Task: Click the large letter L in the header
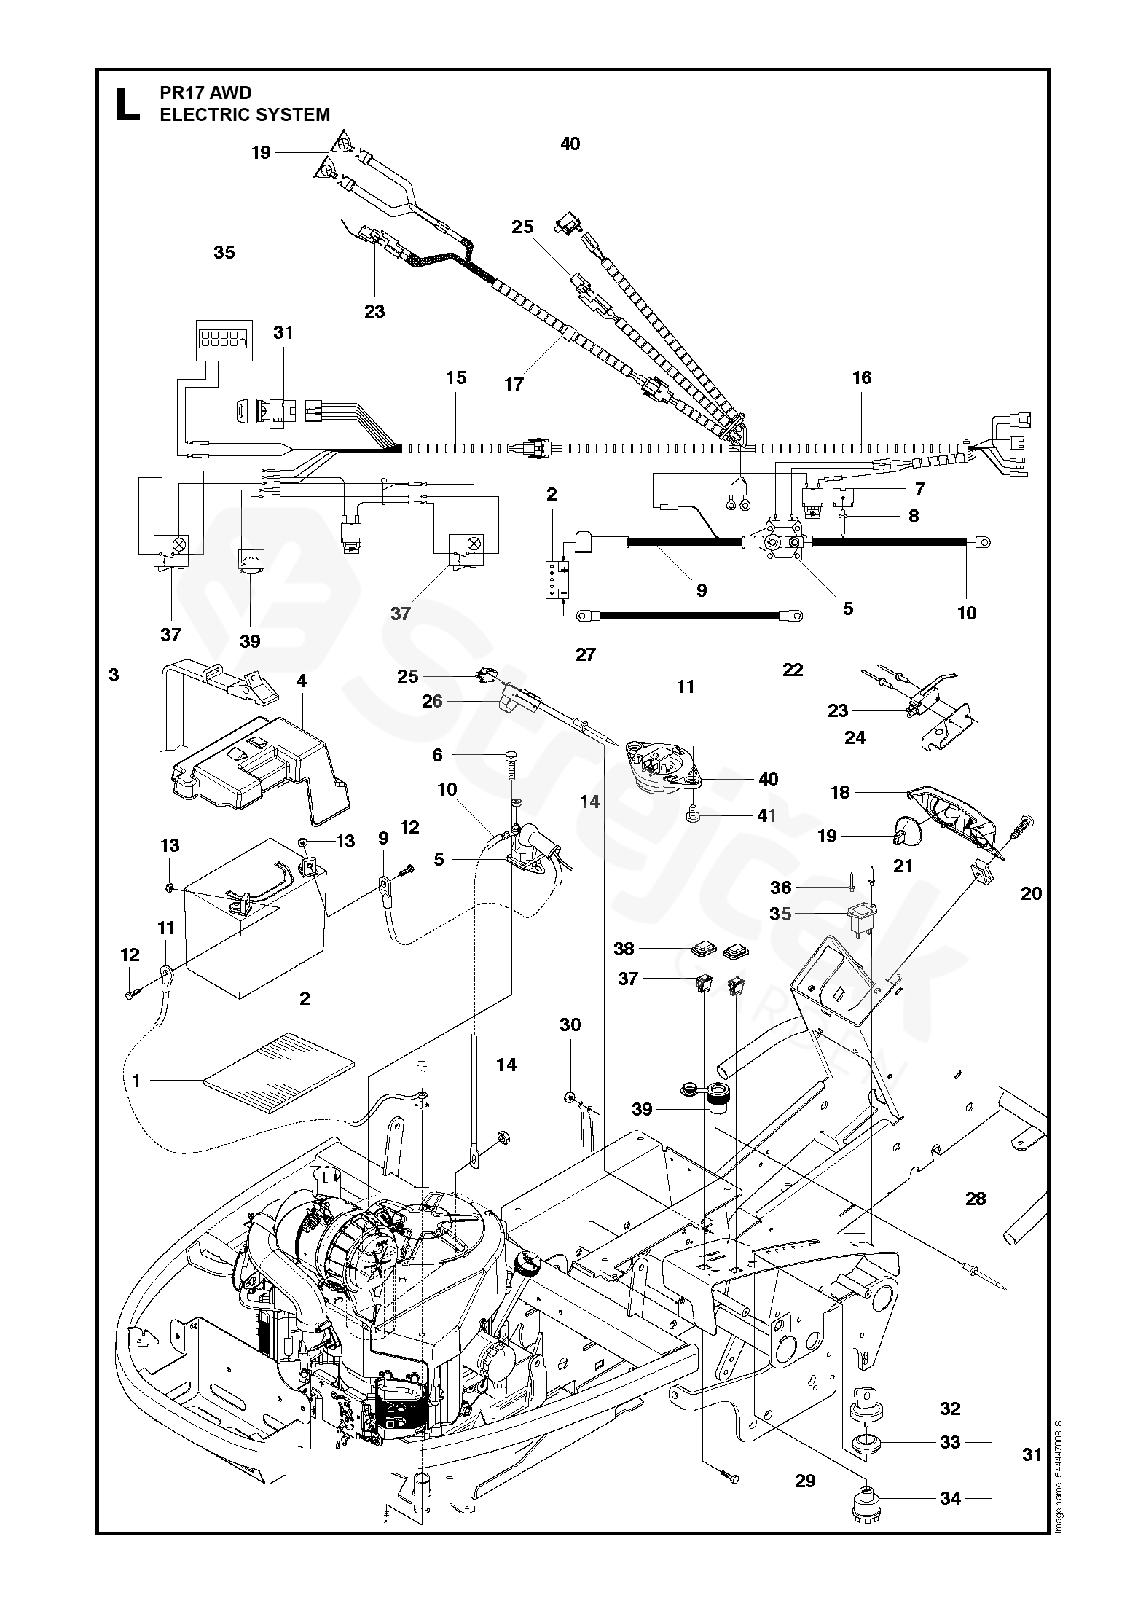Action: coord(128,104)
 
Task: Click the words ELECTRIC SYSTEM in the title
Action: coord(245,115)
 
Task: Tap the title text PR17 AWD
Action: coord(205,93)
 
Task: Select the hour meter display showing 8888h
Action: coord(224,339)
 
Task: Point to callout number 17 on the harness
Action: coord(514,384)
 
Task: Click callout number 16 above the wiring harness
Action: coord(861,377)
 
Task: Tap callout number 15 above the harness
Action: coord(456,377)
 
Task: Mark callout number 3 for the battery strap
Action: coord(114,675)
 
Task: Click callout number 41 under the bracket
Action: coord(766,815)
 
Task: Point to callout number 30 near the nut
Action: coord(570,1025)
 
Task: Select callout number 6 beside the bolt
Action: coord(437,755)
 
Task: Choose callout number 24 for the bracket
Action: coord(855,738)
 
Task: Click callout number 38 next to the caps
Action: coord(624,949)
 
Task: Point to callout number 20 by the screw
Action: coord(1031,893)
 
